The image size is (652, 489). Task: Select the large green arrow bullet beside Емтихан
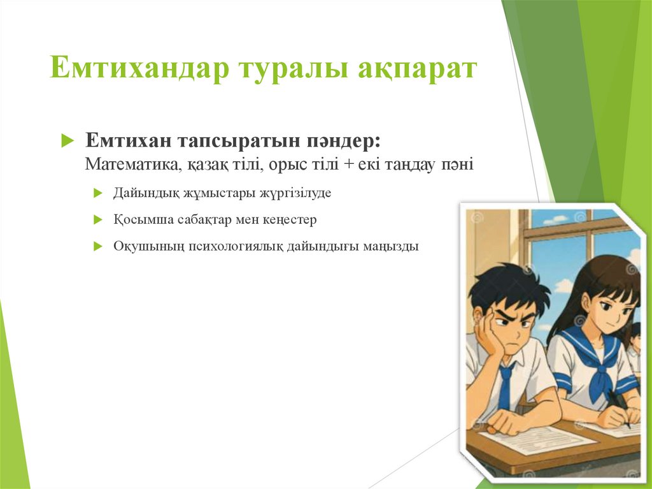click(x=67, y=142)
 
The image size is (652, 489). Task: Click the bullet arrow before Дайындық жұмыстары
click(x=97, y=193)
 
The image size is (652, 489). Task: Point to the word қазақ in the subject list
click(x=204, y=164)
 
